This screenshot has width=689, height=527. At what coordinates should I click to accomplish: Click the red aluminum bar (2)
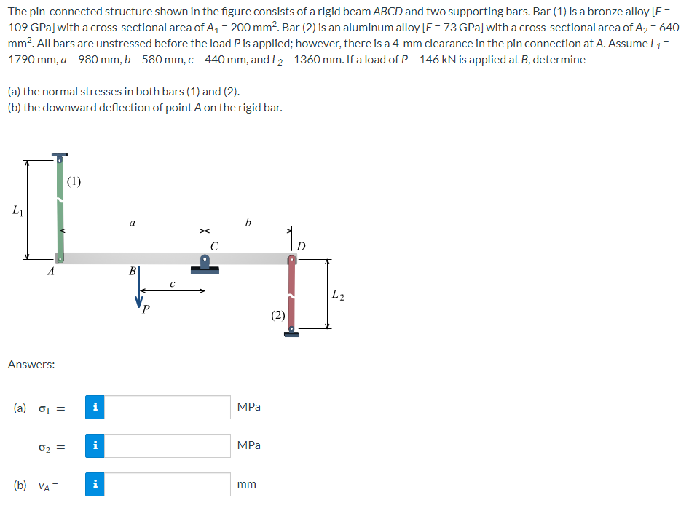click(292, 295)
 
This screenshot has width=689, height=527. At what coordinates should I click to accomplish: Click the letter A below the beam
click(50, 272)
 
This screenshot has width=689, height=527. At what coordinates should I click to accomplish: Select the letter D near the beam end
click(302, 245)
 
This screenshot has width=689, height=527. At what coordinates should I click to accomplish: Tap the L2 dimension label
click(337, 295)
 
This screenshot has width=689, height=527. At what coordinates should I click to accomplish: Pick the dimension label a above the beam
click(131, 223)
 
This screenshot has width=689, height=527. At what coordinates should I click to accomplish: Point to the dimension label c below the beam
click(171, 283)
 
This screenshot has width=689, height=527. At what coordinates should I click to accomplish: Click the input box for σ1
click(168, 407)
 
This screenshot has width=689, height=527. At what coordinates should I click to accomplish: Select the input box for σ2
click(168, 445)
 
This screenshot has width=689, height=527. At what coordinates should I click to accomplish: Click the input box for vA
click(168, 483)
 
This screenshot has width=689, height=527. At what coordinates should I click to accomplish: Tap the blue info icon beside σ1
click(95, 407)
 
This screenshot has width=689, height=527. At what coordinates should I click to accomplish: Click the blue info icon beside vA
click(95, 483)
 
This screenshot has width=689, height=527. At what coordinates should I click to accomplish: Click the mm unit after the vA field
click(247, 483)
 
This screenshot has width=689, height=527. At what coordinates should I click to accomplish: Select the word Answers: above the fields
click(31, 364)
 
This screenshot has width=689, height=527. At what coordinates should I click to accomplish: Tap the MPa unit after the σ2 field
click(249, 445)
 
